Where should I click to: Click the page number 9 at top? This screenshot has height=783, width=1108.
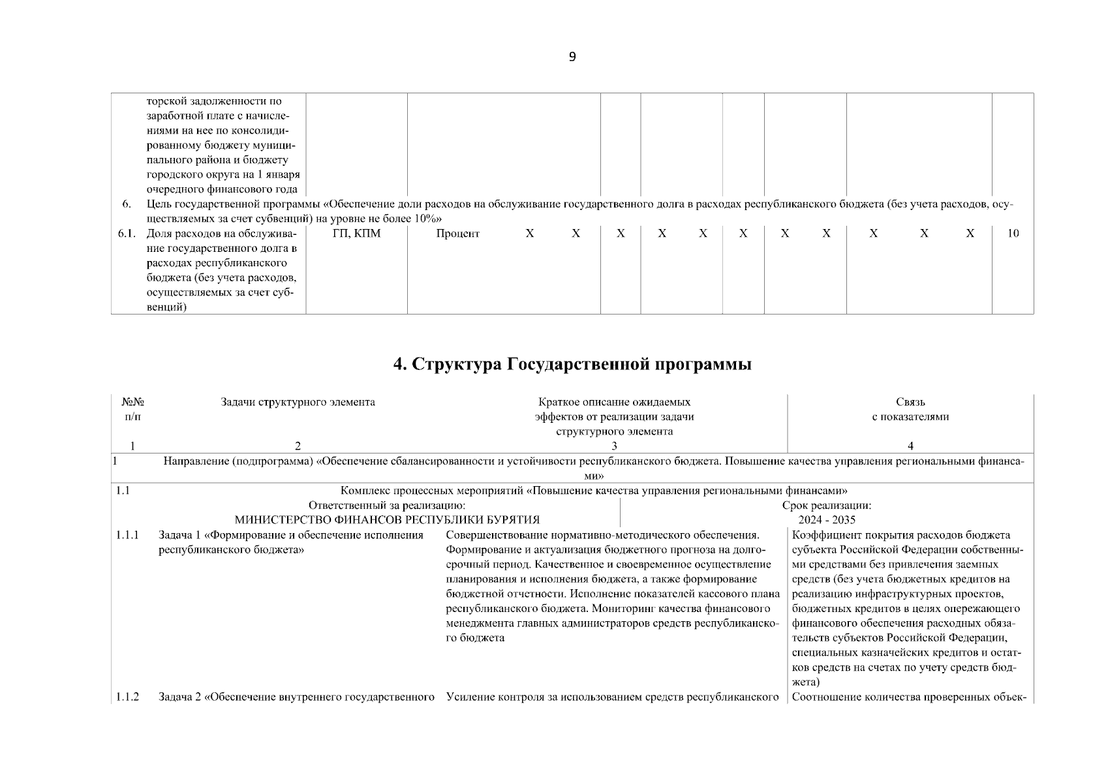pyautogui.click(x=572, y=57)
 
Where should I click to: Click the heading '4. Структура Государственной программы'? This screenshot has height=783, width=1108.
pyautogui.click(x=572, y=364)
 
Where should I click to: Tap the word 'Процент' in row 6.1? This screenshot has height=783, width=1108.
pyautogui.click(x=457, y=234)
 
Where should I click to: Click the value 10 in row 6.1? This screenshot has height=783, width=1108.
pyautogui.click(x=1012, y=234)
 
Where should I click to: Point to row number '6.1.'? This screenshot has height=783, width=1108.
pyautogui.click(x=127, y=234)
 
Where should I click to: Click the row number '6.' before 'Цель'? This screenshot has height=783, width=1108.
pyautogui.click(x=127, y=204)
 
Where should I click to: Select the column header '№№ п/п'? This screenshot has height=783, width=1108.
pyautogui.click(x=132, y=409)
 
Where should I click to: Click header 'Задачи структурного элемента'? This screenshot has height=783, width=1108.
pyautogui.click(x=298, y=402)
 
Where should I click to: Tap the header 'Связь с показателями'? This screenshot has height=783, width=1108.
pyautogui.click(x=910, y=409)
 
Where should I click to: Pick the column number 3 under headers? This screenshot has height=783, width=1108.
pyautogui.click(x=614, y=446)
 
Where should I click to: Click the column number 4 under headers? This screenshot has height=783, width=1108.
pyautogui.click(x=910, y=446)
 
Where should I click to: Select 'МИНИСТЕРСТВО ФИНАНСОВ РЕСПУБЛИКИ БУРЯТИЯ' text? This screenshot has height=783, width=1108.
pyautogui.click(x=387, y=520)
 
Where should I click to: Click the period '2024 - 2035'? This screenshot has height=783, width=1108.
pyautogui.click(x=827, y=520)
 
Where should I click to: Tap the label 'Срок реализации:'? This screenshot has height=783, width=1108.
pyautogui.click(x=827, y=505)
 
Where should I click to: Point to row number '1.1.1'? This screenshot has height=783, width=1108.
pyautogui.click(x=127, y=535)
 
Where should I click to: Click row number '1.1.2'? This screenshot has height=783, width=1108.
pyautogui.click(x=127, y=697)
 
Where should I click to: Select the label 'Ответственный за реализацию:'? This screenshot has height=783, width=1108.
pyautogui.click(x=387, y=505)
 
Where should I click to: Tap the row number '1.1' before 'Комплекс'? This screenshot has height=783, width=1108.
pyautogui.click(x=123, y=490)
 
